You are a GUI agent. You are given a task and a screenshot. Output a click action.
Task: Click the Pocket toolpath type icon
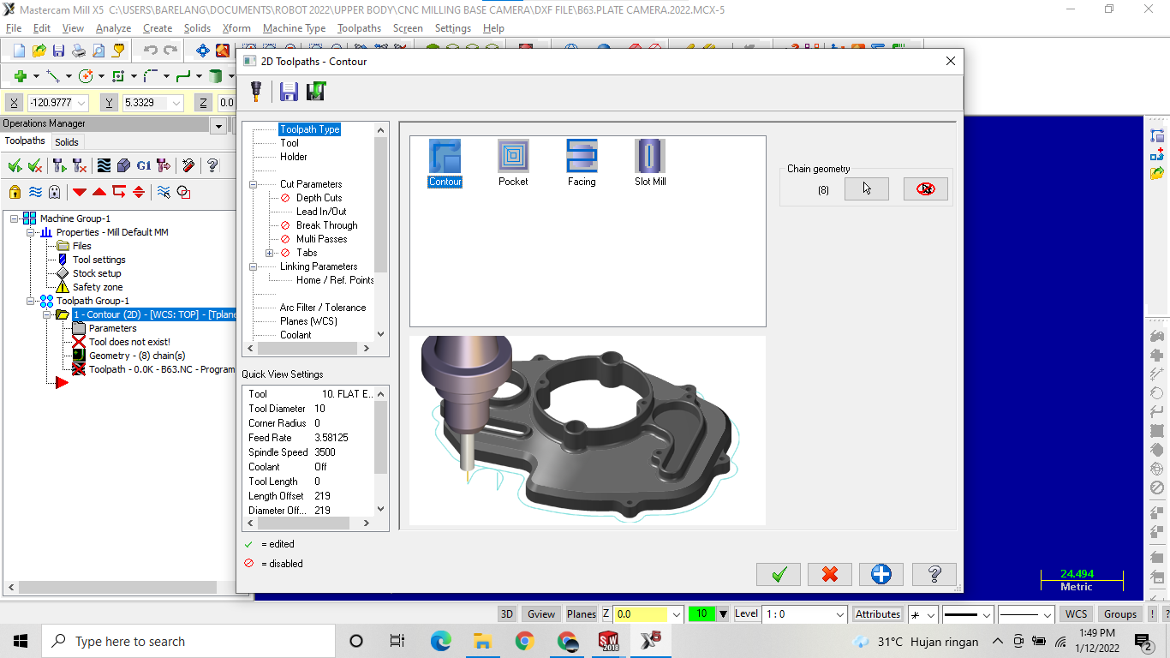[513, 157]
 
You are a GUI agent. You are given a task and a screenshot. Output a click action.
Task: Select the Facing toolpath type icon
[582, 157]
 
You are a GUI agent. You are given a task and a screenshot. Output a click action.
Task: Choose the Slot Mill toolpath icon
[650, 157]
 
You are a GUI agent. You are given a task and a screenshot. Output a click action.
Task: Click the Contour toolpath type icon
[445, 157]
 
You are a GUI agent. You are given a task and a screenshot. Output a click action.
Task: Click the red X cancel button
[829, 574]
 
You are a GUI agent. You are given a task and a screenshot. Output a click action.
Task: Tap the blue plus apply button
[880, 574]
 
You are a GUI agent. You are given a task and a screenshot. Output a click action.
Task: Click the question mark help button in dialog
[934, 574]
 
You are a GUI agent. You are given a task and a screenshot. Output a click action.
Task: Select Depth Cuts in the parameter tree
[319, 198]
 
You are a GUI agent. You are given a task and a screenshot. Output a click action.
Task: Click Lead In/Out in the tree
[321, 212]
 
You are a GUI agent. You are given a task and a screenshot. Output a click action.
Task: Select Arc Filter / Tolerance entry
[322, 308]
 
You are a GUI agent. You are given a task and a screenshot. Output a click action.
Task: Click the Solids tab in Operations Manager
[67, 142]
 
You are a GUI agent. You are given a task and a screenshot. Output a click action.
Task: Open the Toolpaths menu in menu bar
[359, 28]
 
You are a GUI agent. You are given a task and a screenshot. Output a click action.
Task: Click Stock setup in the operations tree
[97, 273]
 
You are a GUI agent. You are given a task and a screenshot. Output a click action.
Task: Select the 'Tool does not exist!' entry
[129, 342]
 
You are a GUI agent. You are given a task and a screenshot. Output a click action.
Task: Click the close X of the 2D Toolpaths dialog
[950, 61]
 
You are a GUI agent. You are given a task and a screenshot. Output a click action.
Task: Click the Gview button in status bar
[540, 613]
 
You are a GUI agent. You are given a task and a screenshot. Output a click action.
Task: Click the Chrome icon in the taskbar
[525, 641]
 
